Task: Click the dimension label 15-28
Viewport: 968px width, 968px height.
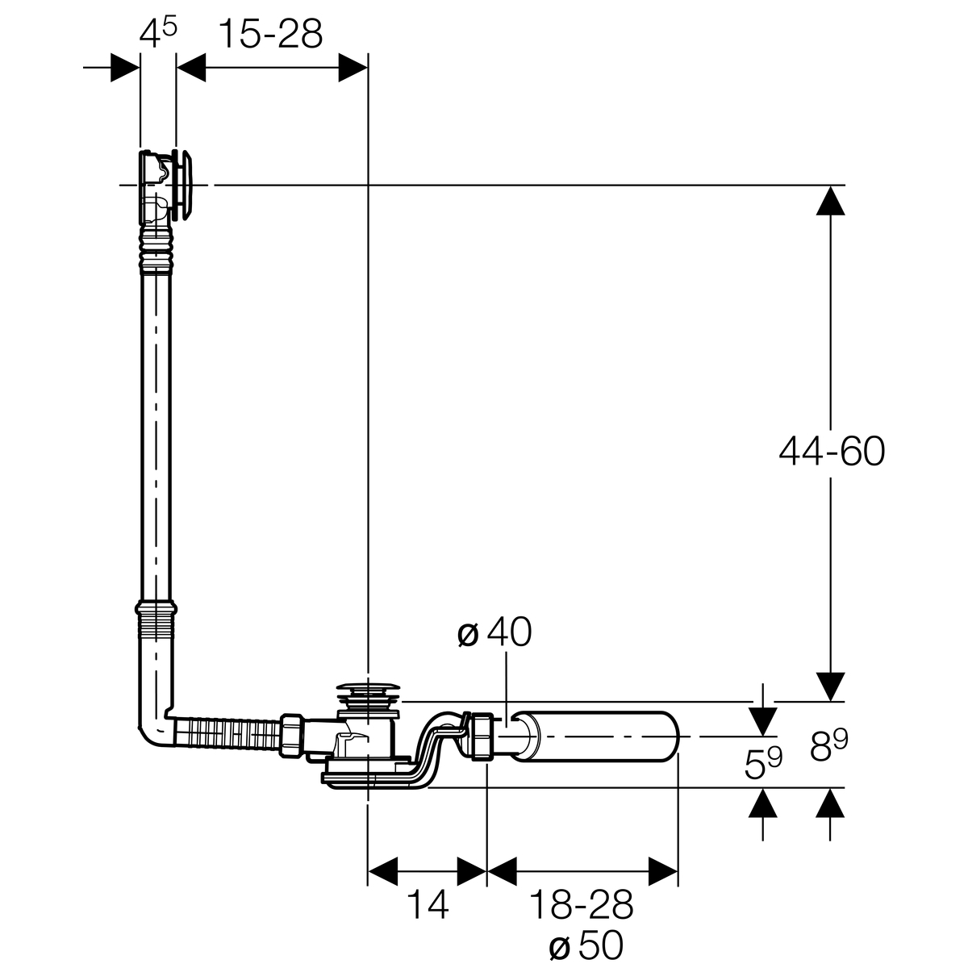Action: tap(271, 34)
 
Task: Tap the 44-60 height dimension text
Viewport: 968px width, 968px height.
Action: tap(832, 451)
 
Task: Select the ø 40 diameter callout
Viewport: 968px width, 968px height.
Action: tap(494, 632)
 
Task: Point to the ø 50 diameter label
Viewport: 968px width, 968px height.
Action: tap(586, 945)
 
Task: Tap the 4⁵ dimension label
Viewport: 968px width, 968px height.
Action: tap(158, 32)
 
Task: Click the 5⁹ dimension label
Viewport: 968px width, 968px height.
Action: tap(763, 762)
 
